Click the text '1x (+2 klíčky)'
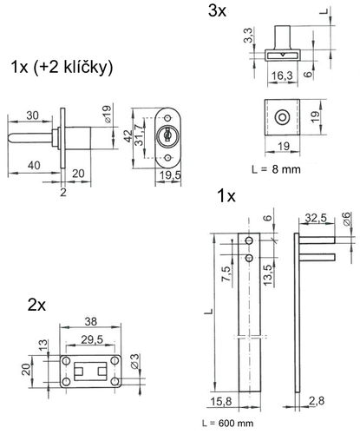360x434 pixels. tap(62, 68)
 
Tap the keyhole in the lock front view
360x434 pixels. tap(167, 135)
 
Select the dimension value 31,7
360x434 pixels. tap(139, 135)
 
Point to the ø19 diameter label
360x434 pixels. tap(107, 114)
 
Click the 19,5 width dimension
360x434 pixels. tap(170, 175)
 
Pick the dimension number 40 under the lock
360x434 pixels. tap(34, 166)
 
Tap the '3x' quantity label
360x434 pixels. tap(217, 11)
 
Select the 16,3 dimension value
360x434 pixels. tap(282, 76)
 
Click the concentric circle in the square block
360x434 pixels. tap(282, 118)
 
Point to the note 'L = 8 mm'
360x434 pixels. tap(276, 169)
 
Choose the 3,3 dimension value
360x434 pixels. tap(248, 35)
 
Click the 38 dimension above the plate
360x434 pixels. tap(90, 321)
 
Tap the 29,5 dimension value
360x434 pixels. tap(92, 339)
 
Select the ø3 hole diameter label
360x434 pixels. tap(135, 361)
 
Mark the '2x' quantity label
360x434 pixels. tap(36, 305)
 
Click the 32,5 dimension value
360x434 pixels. tap(317, 218)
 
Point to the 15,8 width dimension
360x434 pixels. tap(221, 402)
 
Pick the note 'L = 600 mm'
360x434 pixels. tap(228, 424)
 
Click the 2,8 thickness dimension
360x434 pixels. tap(317, 401)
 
